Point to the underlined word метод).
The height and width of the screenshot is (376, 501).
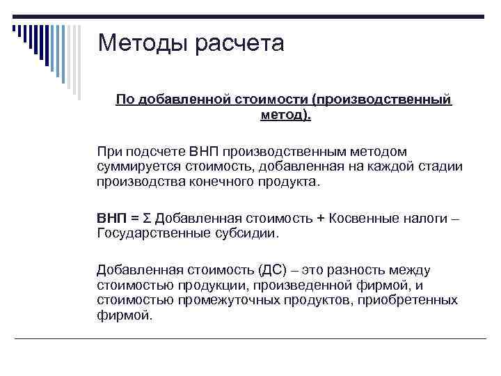(x=285, y=114)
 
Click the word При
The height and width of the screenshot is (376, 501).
(x=109, y=152)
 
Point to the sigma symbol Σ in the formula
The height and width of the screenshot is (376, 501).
(x=147, y=218)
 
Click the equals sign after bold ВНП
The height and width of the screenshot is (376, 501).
(x=134, y=218)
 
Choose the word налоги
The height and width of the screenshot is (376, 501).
(x=425, y=218)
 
